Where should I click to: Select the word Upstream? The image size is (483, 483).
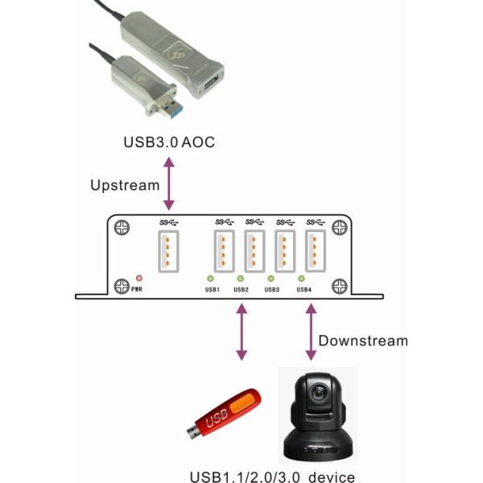click(x=125, y=185)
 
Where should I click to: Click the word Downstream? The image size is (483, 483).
click(x=362, y=341)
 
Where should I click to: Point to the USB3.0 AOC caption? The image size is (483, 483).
click(x=168, y=142)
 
